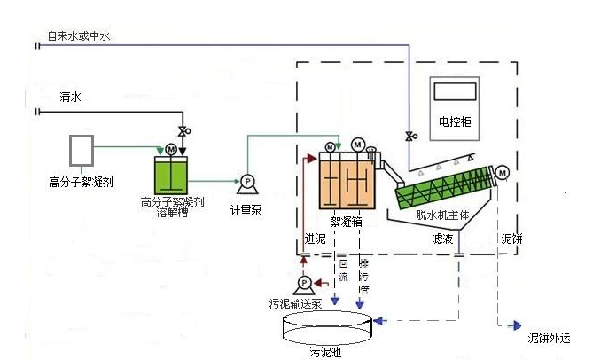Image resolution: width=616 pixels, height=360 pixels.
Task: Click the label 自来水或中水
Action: (80, 36)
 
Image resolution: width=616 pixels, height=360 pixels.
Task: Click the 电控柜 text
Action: (455, 121)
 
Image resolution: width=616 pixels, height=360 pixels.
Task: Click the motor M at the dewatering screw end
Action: (502, 172)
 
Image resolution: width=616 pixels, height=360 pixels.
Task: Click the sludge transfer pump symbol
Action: (304, 283)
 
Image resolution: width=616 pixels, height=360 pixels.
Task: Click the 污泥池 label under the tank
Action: (324, 352)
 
